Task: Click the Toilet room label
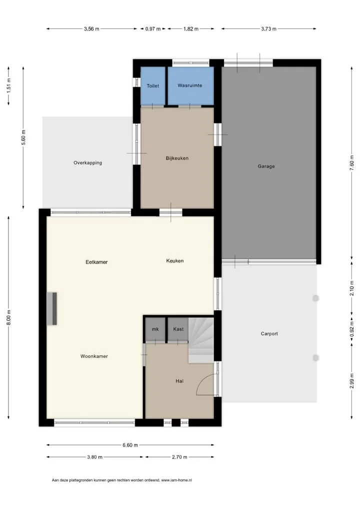[x=152, y=85]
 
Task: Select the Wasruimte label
[x=190, y=85]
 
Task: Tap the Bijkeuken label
[x=177, y=158]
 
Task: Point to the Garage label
[x=266, y=166]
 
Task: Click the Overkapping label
[x=87, y=162]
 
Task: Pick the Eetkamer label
[x=96, y=262]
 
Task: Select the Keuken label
[x=174, y=260]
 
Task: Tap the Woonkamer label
[x=94, y=356]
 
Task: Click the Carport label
[x=269, y=333]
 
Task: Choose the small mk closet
[x=155, y=329]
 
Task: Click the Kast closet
[x=178, y=329]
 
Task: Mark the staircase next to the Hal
[x=201, y=340]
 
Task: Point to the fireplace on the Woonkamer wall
[x=52, y=308]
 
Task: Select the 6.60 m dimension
[x=130, y=445]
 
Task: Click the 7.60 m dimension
[x=351, y=163]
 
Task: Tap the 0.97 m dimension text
[x=153, y=29]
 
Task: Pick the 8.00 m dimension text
[x=9, y=317]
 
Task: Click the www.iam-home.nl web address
[x=176, y=480]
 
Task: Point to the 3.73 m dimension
[x=269, y=29]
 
